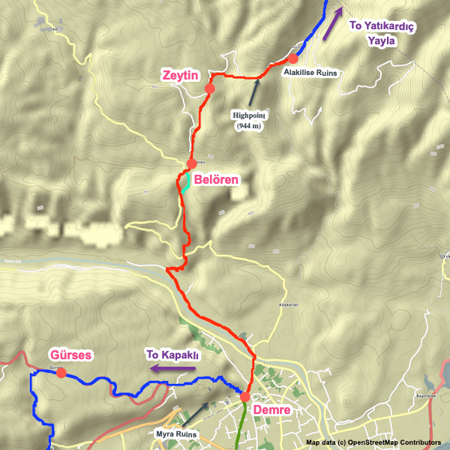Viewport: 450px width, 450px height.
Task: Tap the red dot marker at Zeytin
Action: (210, 88)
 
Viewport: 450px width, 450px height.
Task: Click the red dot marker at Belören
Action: (191, 163)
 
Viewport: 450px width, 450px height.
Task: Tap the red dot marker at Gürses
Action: (61, 372)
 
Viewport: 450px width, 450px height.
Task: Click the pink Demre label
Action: (271, 410)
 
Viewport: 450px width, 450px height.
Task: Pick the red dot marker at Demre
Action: (244, 396)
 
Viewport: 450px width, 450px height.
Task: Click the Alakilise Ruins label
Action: (310, 73)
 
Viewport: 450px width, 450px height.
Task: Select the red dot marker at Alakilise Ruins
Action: (292, 58)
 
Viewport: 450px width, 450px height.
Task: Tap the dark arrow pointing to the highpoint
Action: (256, 91)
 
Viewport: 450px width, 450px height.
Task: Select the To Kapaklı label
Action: (172, 355)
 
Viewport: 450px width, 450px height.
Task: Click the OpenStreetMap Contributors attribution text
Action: (373, 442)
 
